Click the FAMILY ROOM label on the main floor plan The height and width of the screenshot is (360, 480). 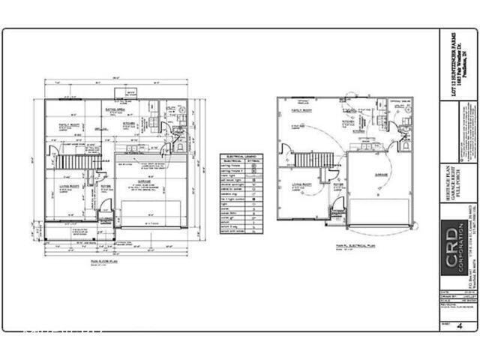(70, 125)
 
